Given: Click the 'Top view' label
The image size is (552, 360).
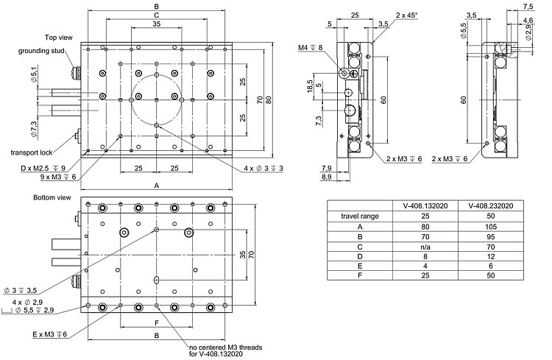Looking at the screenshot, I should point(57,36).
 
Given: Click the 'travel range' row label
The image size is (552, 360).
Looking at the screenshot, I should point(360,216).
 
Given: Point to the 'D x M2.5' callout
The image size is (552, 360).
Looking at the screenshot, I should point(43,168).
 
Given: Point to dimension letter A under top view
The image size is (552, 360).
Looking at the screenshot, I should point(156,186).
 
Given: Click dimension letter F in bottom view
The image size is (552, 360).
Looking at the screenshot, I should point(156,322).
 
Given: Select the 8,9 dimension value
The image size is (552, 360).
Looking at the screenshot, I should point(326,177).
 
